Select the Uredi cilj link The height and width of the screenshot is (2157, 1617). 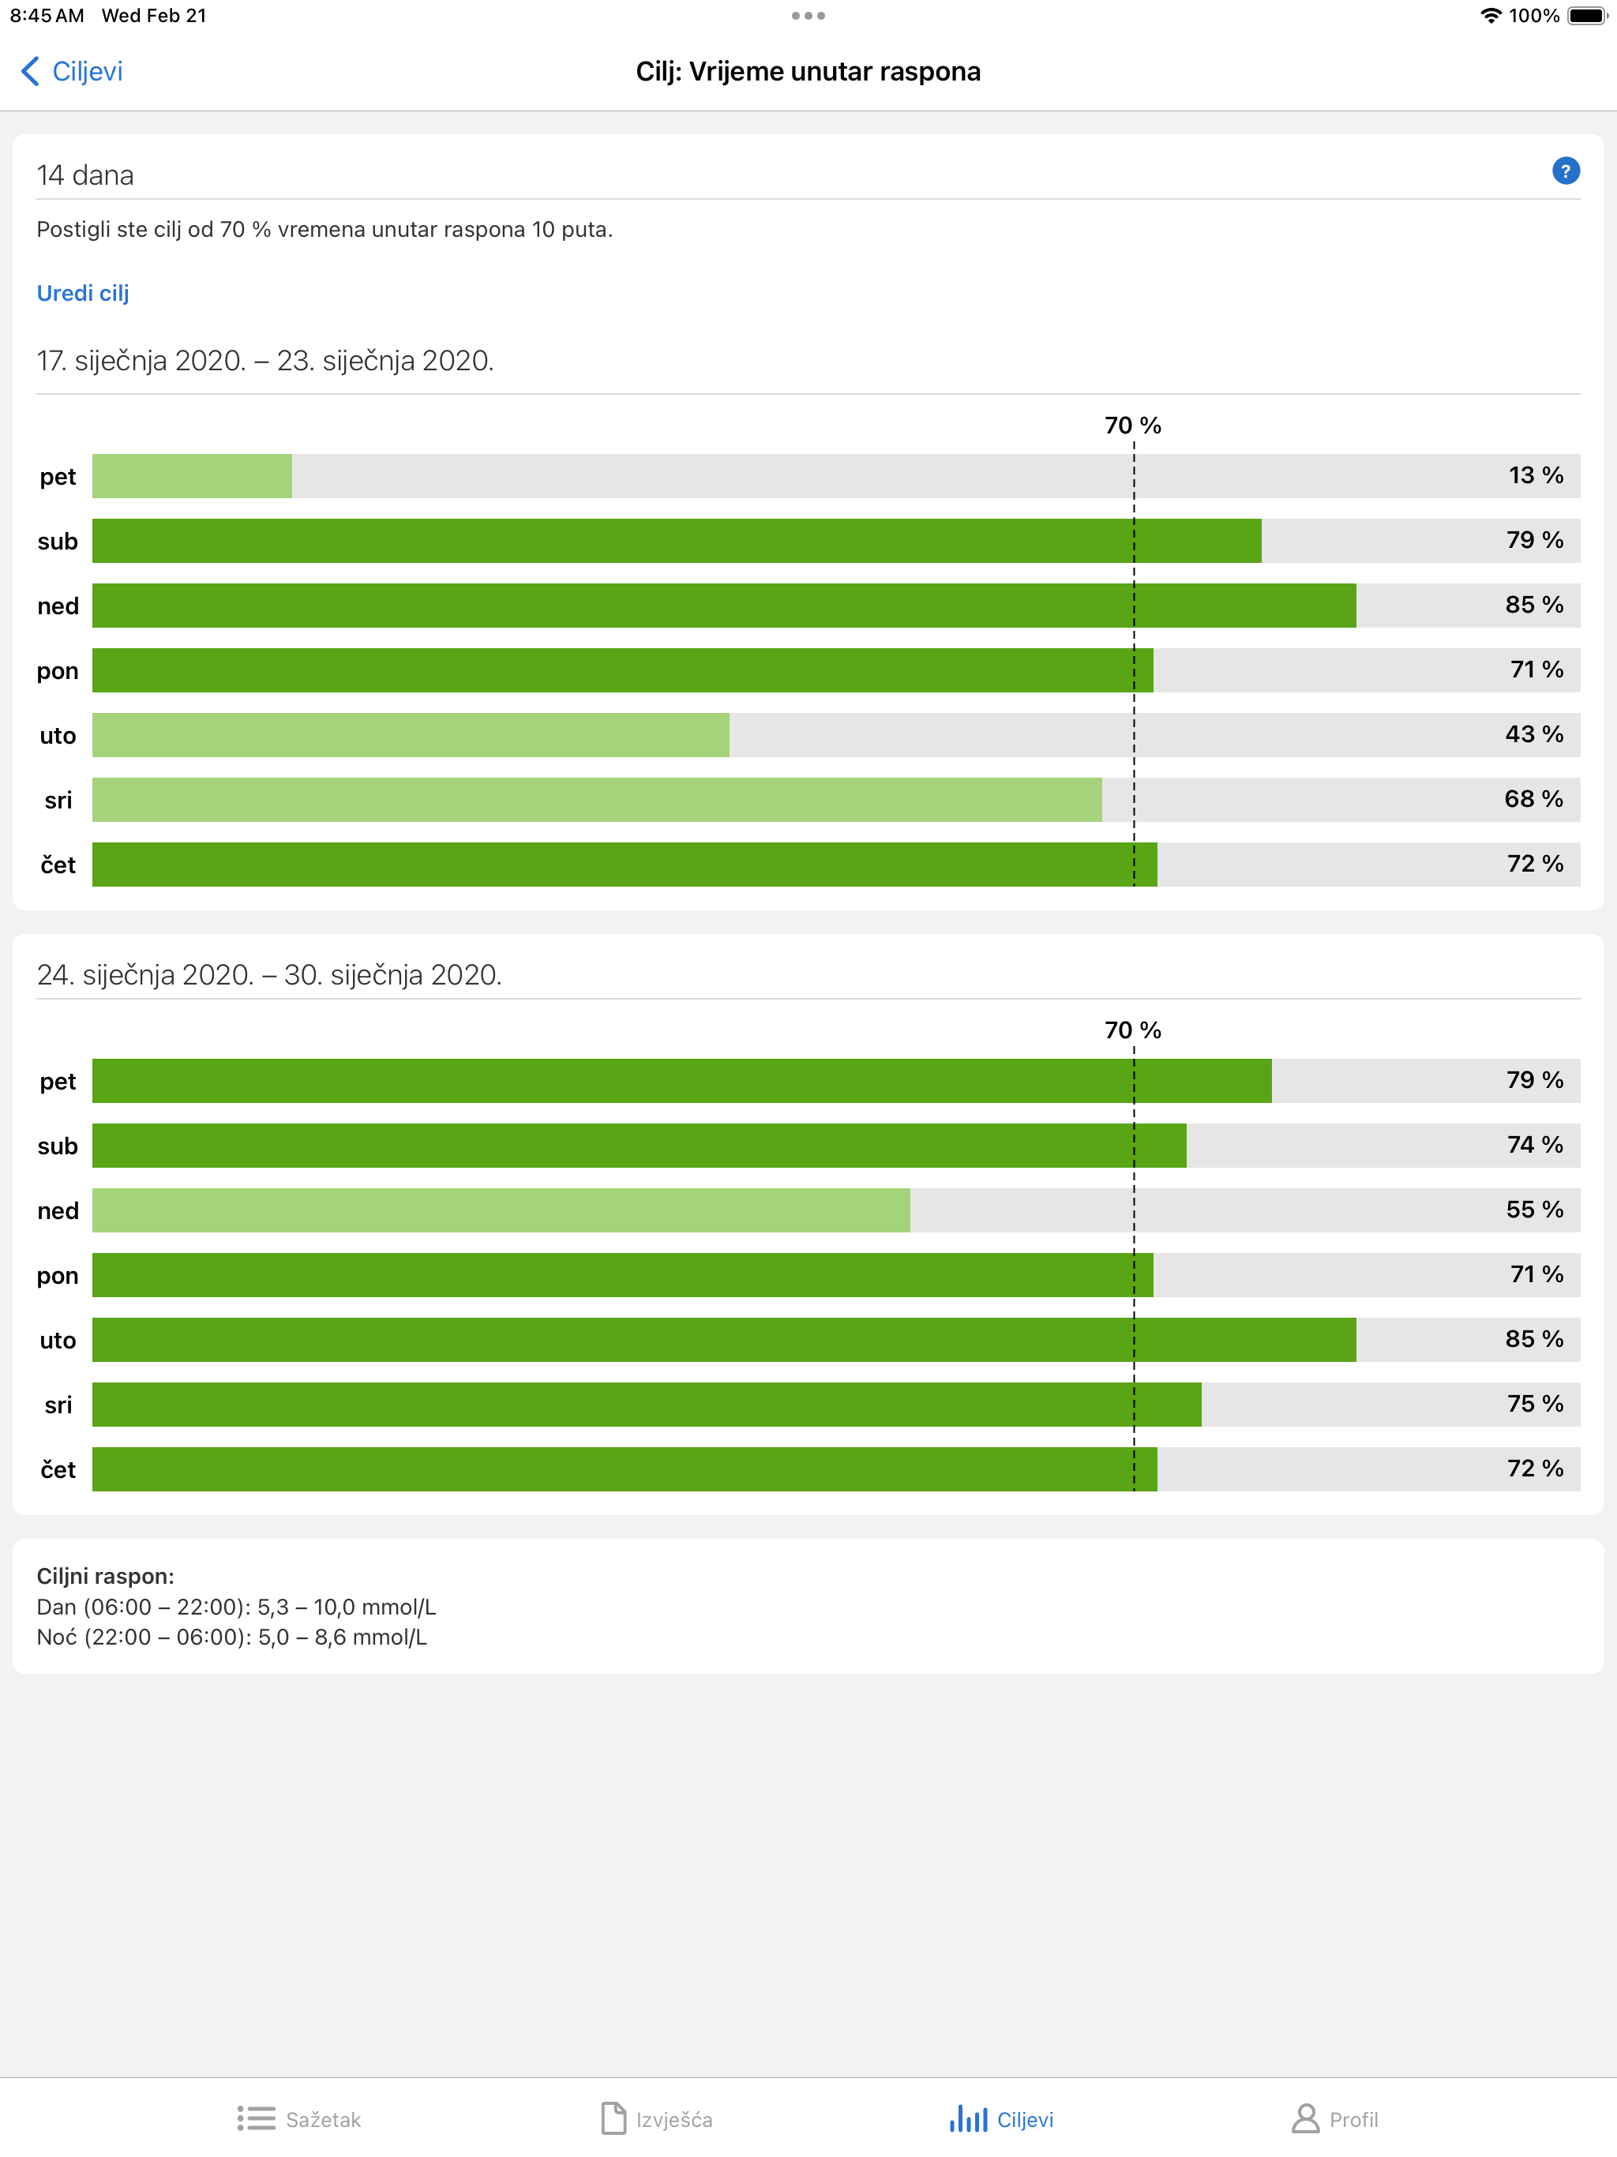coord(83,293)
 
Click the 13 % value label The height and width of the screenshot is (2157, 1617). coord(1535,476)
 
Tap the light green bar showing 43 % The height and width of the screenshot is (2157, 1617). coord(410,734)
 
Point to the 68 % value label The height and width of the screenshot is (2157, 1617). coord(1533,800)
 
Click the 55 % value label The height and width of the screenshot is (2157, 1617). coord(1534,1210)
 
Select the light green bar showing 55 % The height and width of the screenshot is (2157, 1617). coord(501,1210)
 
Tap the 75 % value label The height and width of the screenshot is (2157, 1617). coord(1534,1405)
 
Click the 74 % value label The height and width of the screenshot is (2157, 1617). coord(1534,1145)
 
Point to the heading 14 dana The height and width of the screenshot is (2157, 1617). coord(84,175)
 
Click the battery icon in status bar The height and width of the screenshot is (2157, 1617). coord(1585,16)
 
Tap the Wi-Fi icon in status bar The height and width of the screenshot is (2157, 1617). coord(1489,16)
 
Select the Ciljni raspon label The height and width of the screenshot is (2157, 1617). coord(105,1576)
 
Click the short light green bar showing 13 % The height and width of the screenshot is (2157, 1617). coord(192,476)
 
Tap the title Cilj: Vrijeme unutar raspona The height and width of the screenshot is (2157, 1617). coord(808,71)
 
